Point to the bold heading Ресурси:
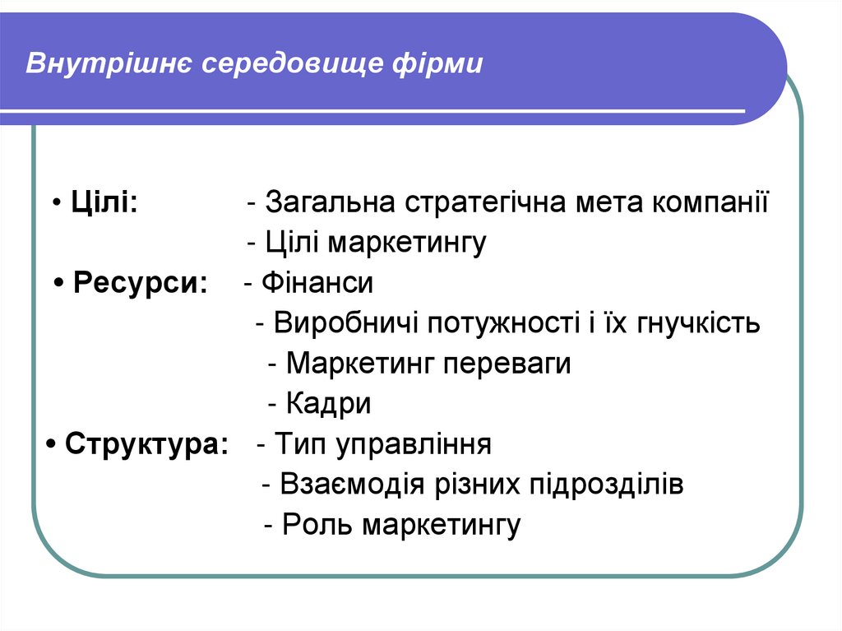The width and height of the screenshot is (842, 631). pyautogui.click(x=141, y=283)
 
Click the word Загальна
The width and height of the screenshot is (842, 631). pyautogui.click(x=330, y=202)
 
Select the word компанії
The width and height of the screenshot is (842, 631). pyautogui.click(x=711, y=202)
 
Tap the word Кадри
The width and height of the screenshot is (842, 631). pyautogui.click(x=329, y=404)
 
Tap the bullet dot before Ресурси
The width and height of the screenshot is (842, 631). pyautogui.click(x=61, y=284)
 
